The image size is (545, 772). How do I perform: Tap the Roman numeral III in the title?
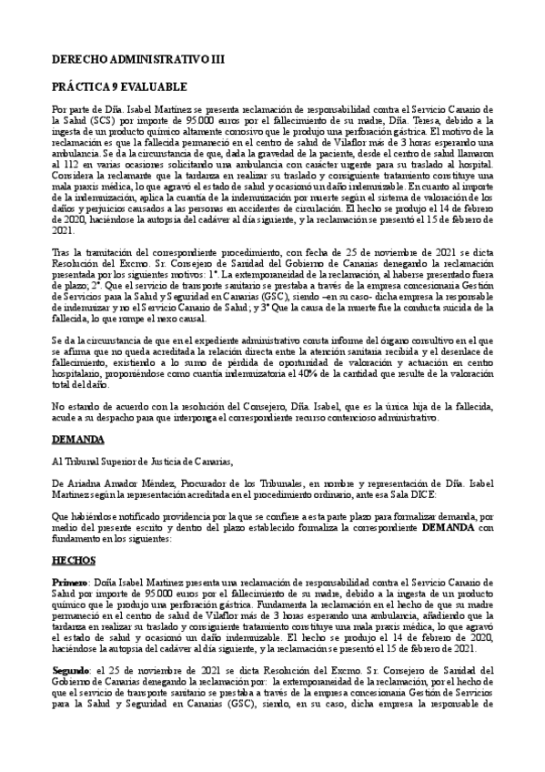[x=214, y=59]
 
